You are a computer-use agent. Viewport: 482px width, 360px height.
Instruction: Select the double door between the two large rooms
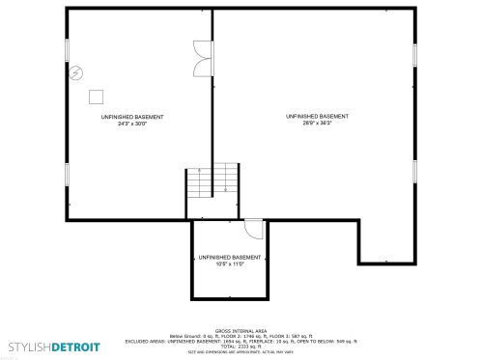coord(202,59)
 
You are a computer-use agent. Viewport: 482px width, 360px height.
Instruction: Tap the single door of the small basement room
coord(254,229)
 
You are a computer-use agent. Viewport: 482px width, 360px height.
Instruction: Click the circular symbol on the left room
coord(76,72)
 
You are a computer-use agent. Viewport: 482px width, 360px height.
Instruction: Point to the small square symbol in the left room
coord(96,96)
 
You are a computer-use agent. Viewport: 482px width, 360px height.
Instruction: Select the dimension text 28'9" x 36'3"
coord(317,124)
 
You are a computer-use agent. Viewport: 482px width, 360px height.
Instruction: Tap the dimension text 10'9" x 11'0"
coord(229,264)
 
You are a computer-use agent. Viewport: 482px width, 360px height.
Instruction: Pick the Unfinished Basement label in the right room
coord(317,116)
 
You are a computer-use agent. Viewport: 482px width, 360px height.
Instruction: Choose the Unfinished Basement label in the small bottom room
coord(229,258)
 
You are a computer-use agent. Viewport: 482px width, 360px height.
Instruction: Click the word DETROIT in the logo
coord(75,346)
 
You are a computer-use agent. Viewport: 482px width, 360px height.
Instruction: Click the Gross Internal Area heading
coord(241,330)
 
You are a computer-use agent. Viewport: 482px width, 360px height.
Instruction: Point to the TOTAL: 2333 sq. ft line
coord(241,346)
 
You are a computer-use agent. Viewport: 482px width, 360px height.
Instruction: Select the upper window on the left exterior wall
coord(68,51)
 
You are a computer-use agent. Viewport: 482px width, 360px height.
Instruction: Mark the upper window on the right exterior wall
coord(414,54)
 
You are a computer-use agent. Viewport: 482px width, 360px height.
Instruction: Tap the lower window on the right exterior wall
coord(414,171)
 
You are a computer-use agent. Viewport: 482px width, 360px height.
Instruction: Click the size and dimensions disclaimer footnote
coord(241,352)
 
